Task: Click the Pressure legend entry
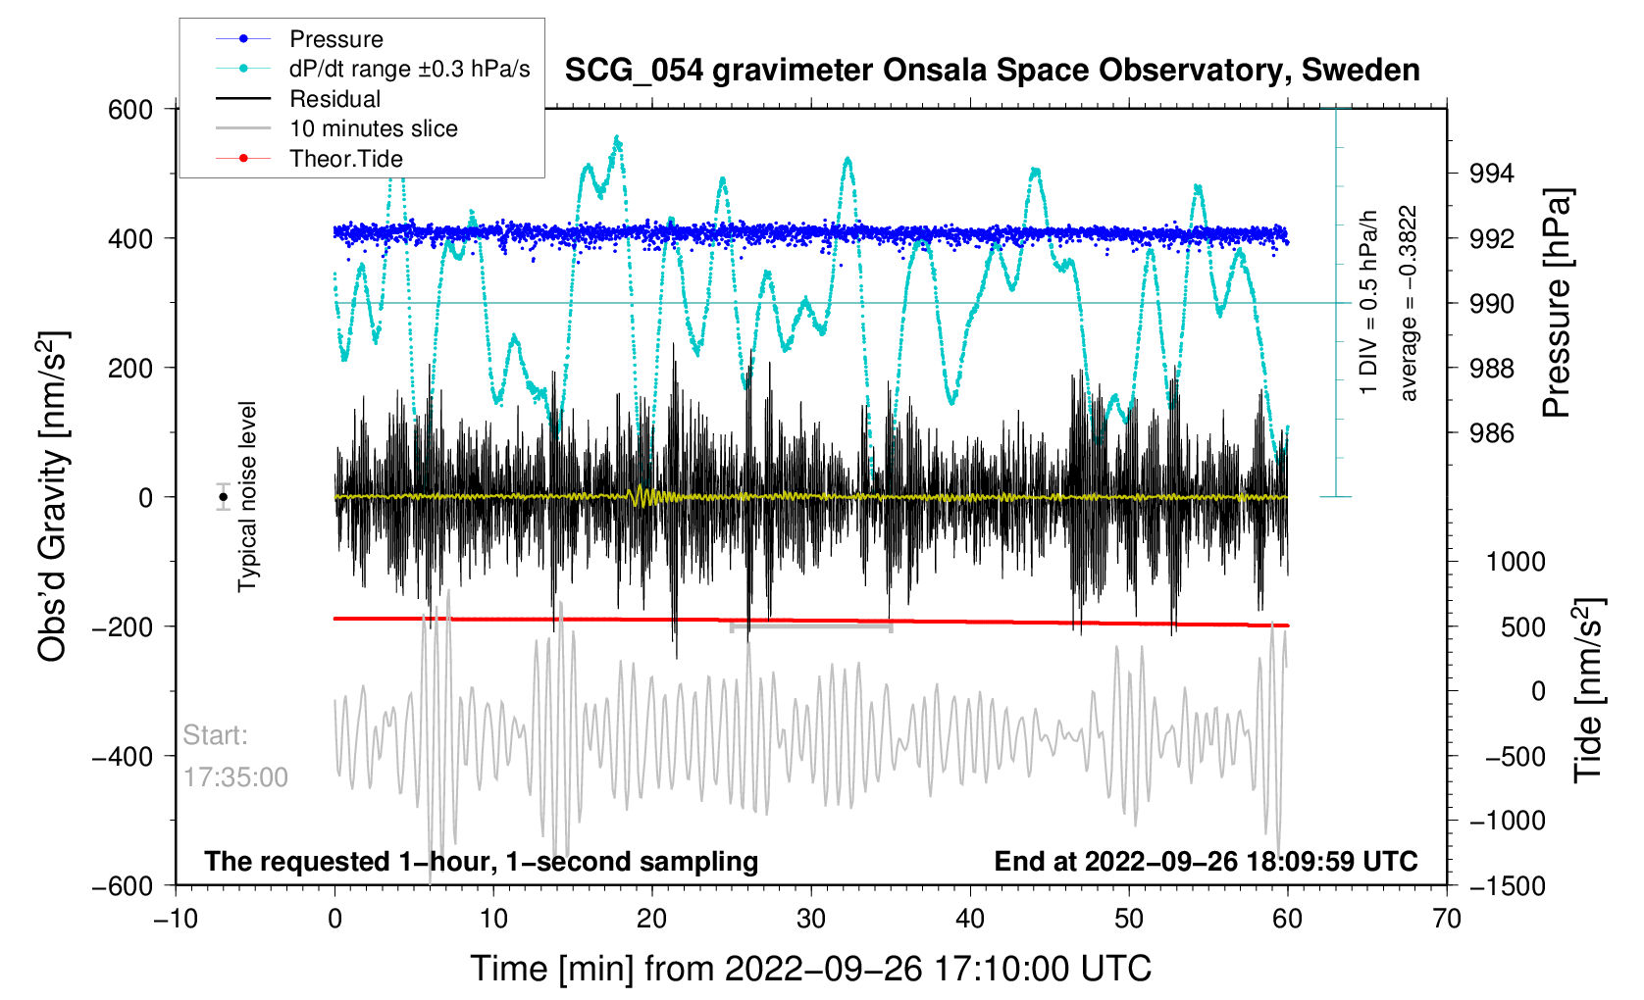335,39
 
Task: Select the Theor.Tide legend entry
345,159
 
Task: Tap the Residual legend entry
334,99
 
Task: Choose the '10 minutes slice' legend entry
373,128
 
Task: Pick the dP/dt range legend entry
409,69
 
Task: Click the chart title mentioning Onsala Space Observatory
992,71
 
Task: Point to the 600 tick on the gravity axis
130,110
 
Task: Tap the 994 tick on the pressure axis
1491,175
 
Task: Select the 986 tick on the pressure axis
1491,433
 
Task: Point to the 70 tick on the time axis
1446,919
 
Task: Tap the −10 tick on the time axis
176,919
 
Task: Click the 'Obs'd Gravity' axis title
53,497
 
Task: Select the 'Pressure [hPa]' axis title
1557,303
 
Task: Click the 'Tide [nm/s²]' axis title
1588,690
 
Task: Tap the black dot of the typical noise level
224,497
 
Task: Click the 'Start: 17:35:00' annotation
235,756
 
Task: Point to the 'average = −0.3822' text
1409,303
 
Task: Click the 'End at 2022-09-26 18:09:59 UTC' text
1206,862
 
